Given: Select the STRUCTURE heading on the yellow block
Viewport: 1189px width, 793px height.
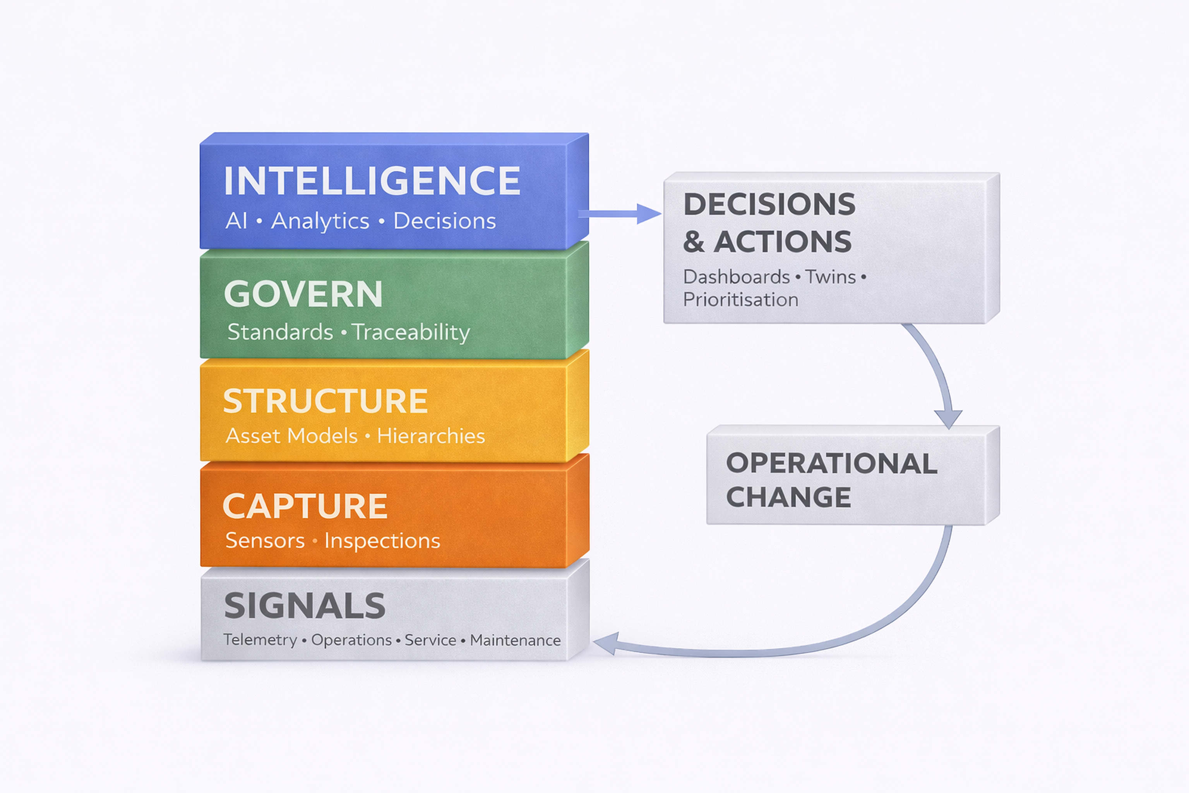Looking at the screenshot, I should click(325, 401).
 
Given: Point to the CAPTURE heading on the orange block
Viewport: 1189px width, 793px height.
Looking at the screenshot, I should click(305, 506).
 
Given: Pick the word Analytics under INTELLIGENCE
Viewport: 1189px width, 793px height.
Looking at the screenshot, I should click(320, 221).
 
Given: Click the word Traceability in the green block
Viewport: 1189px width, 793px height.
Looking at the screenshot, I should click(411, 333).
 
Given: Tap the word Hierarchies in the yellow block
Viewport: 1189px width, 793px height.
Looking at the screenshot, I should click(431, 436).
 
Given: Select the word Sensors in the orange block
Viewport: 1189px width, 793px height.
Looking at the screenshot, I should click(265, 541).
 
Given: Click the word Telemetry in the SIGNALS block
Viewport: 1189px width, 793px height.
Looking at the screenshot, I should click(260, 640).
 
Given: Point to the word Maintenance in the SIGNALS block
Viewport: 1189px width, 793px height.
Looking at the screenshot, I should click(515, 641).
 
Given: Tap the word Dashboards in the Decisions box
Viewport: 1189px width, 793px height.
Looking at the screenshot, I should click(736, 277).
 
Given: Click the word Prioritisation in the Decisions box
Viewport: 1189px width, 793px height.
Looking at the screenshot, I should click(740, 300).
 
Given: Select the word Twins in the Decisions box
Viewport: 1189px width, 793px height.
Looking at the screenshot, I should click(831, 277).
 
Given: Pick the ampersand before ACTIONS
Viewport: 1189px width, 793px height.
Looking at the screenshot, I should click(694, 242).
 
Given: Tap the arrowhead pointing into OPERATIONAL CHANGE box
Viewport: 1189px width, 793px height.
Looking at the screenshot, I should click(948, 419).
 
